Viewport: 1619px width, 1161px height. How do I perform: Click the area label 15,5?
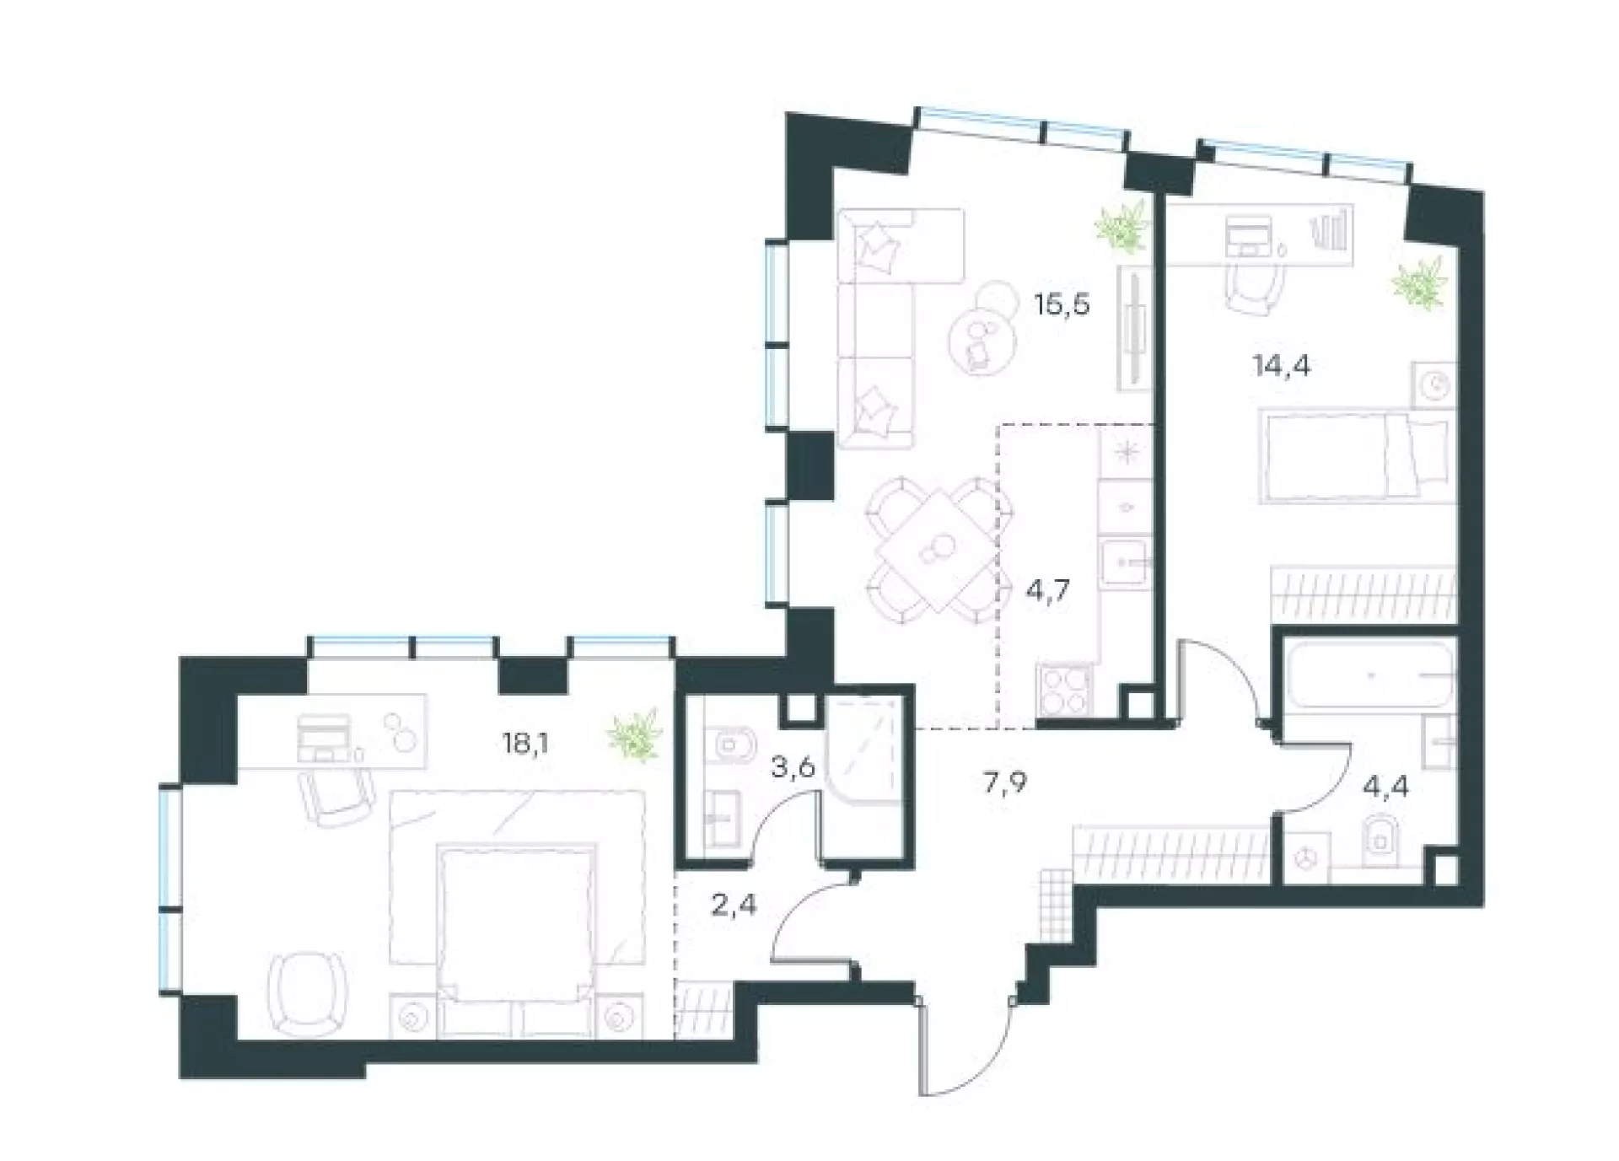tap(1062, 304)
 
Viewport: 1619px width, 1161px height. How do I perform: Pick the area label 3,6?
tap(793, 769)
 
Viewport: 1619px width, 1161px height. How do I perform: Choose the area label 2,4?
tap(734, 906)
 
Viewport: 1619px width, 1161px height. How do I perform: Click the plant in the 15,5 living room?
tap(1121, 226)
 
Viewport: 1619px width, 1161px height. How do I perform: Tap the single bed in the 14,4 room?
tap(1357, 456)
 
